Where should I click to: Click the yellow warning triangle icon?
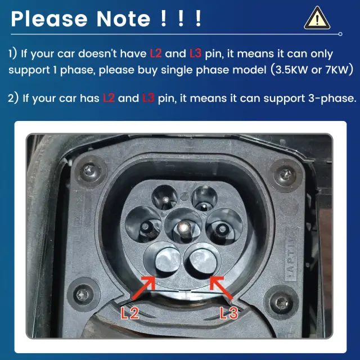[317, 19]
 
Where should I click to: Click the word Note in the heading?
[124, 19]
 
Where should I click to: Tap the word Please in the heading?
[49, 19]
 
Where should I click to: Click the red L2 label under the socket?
[130, 313]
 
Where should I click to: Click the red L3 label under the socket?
[229, 313]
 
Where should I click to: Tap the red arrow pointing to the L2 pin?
[144, 288]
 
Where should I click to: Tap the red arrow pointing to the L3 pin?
[221, 287]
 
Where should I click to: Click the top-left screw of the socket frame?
[90, 170]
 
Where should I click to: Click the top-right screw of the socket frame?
[285, 175]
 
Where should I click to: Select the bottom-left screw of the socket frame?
[83, 294]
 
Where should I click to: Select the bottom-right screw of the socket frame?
[281, 303]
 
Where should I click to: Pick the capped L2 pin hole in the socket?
[164, 260]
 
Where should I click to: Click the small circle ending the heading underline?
[340, 34]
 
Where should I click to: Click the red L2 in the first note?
[156, 53]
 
